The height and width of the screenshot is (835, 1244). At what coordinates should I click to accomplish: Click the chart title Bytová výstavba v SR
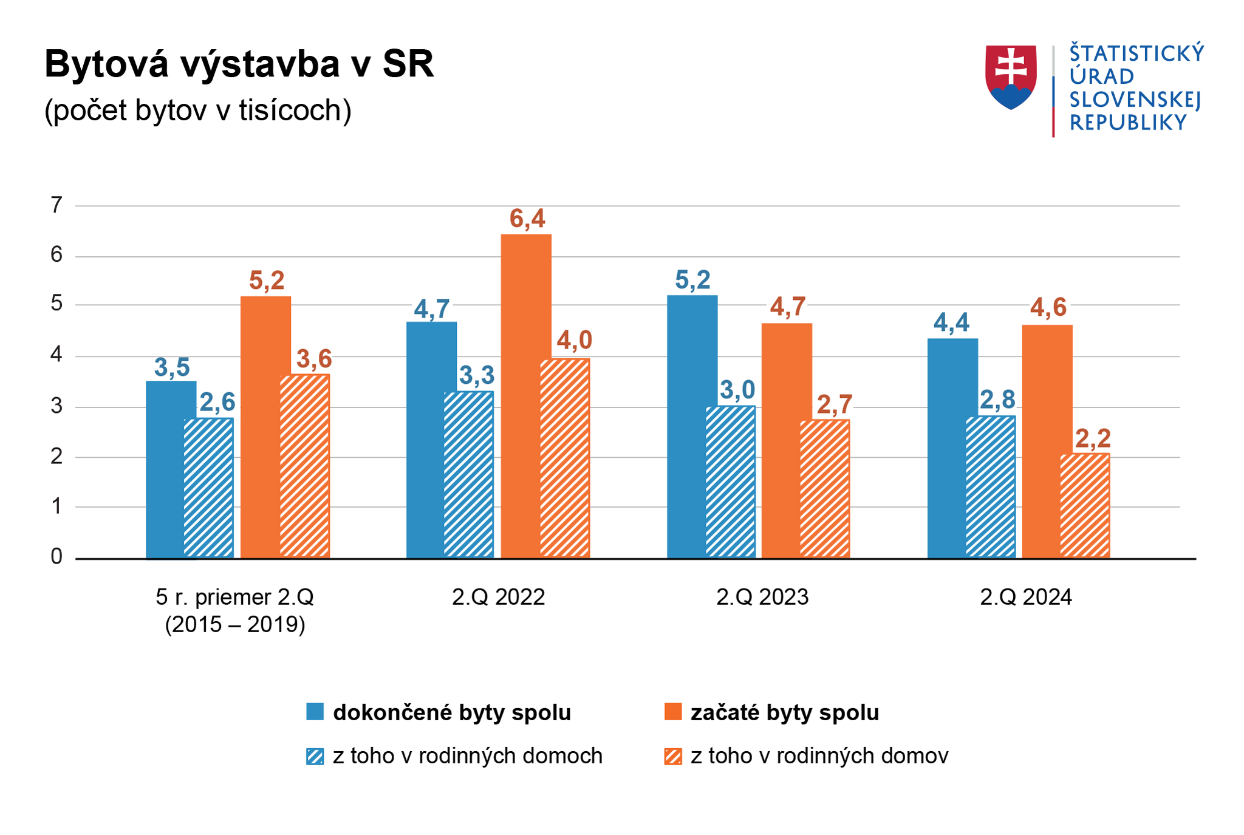[239, 64]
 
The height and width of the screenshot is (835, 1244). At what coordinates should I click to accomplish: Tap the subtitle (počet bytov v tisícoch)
[198, 111]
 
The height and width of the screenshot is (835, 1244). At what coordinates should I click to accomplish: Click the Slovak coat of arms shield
[1011, 77]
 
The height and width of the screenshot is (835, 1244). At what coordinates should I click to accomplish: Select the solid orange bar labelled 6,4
[526, 395]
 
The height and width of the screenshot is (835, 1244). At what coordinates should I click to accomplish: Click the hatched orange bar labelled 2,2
[1085, 505]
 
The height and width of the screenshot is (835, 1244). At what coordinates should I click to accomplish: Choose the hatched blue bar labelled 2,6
[209, 488]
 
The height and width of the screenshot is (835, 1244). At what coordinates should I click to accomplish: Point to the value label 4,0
[574, 340]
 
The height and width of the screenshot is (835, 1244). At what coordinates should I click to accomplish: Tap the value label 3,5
[172, 367]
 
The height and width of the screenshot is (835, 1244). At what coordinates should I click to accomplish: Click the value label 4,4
[951, 322]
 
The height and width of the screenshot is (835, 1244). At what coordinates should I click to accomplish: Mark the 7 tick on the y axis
[56, 205]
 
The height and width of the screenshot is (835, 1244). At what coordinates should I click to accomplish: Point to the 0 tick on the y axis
[56, 556]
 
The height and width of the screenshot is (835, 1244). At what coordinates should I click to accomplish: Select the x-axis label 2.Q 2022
[498, 598]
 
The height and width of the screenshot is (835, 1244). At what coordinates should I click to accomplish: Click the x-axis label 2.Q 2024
[1026, 598]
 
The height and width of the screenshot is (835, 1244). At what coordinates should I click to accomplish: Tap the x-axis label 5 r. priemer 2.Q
[234, 598]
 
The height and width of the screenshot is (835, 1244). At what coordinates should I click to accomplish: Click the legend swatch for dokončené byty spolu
[315, 712]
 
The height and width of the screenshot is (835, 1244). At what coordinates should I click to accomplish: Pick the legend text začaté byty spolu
[785, 712]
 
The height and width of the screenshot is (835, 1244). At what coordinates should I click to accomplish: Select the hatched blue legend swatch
[315, 757]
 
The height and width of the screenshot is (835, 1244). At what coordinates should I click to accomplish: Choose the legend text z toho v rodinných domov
[819, 756]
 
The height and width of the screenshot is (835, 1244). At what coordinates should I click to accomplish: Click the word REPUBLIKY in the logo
[1128, 123]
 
